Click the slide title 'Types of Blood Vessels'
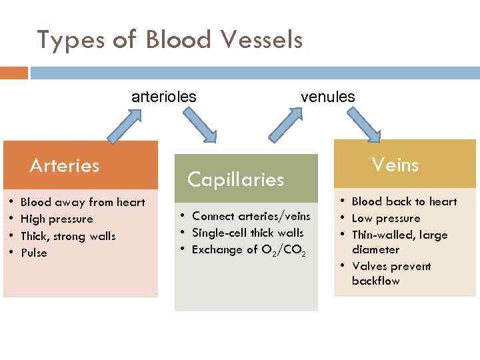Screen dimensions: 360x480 tap(170, 41)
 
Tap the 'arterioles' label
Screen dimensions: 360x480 tap(163, 97)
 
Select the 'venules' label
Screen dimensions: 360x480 tap(327, 97)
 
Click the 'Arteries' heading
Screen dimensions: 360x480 tap(64, 165)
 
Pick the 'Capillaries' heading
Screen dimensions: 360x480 tap(235, 179)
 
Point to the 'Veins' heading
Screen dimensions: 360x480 tap(395, 164)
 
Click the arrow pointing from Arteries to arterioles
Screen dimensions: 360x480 tap(127, 125)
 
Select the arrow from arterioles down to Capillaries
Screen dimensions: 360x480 tap(199, 125)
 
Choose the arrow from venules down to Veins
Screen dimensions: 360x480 tap(363, 125)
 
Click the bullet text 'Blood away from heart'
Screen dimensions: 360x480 tap(83, 202)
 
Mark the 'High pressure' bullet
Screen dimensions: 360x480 tap(57, 219)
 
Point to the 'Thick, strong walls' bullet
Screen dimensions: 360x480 tap(68, 236)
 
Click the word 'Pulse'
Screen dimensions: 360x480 tap(34, 253)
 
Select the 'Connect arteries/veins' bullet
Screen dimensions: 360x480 tap(251, 216)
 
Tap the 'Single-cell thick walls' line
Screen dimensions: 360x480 tap(247, 233)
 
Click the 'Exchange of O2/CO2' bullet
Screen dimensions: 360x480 tap(249, 250)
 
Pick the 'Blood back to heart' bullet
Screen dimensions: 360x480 tap(404, 201)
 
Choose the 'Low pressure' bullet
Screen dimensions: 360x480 tap(386, 218)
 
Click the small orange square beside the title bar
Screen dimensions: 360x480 tap(14, 72)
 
